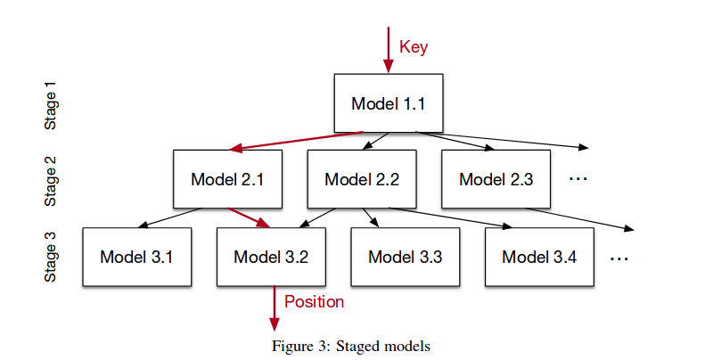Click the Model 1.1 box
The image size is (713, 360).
coord(388,103)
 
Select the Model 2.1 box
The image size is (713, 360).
coord(227,179)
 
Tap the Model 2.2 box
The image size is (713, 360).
coord(361,179)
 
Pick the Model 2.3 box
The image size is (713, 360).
coord(496,179)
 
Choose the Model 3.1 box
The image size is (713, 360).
coord(136,257)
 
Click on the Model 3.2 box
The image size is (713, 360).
coord(271,257)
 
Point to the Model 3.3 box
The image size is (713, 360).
coord(405,257)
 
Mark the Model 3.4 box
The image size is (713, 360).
coord(539,257)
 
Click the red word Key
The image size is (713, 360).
coord(414,47)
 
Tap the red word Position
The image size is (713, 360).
coord(314,301)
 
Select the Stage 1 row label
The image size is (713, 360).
coord(51,106)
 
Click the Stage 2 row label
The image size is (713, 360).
coord(51,181)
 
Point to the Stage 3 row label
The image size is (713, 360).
coord(51,258)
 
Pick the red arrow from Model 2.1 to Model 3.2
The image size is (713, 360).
coord(249,217)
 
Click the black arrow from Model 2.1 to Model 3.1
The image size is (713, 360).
coord(174,218)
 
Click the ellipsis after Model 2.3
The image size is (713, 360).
coord(578,179)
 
